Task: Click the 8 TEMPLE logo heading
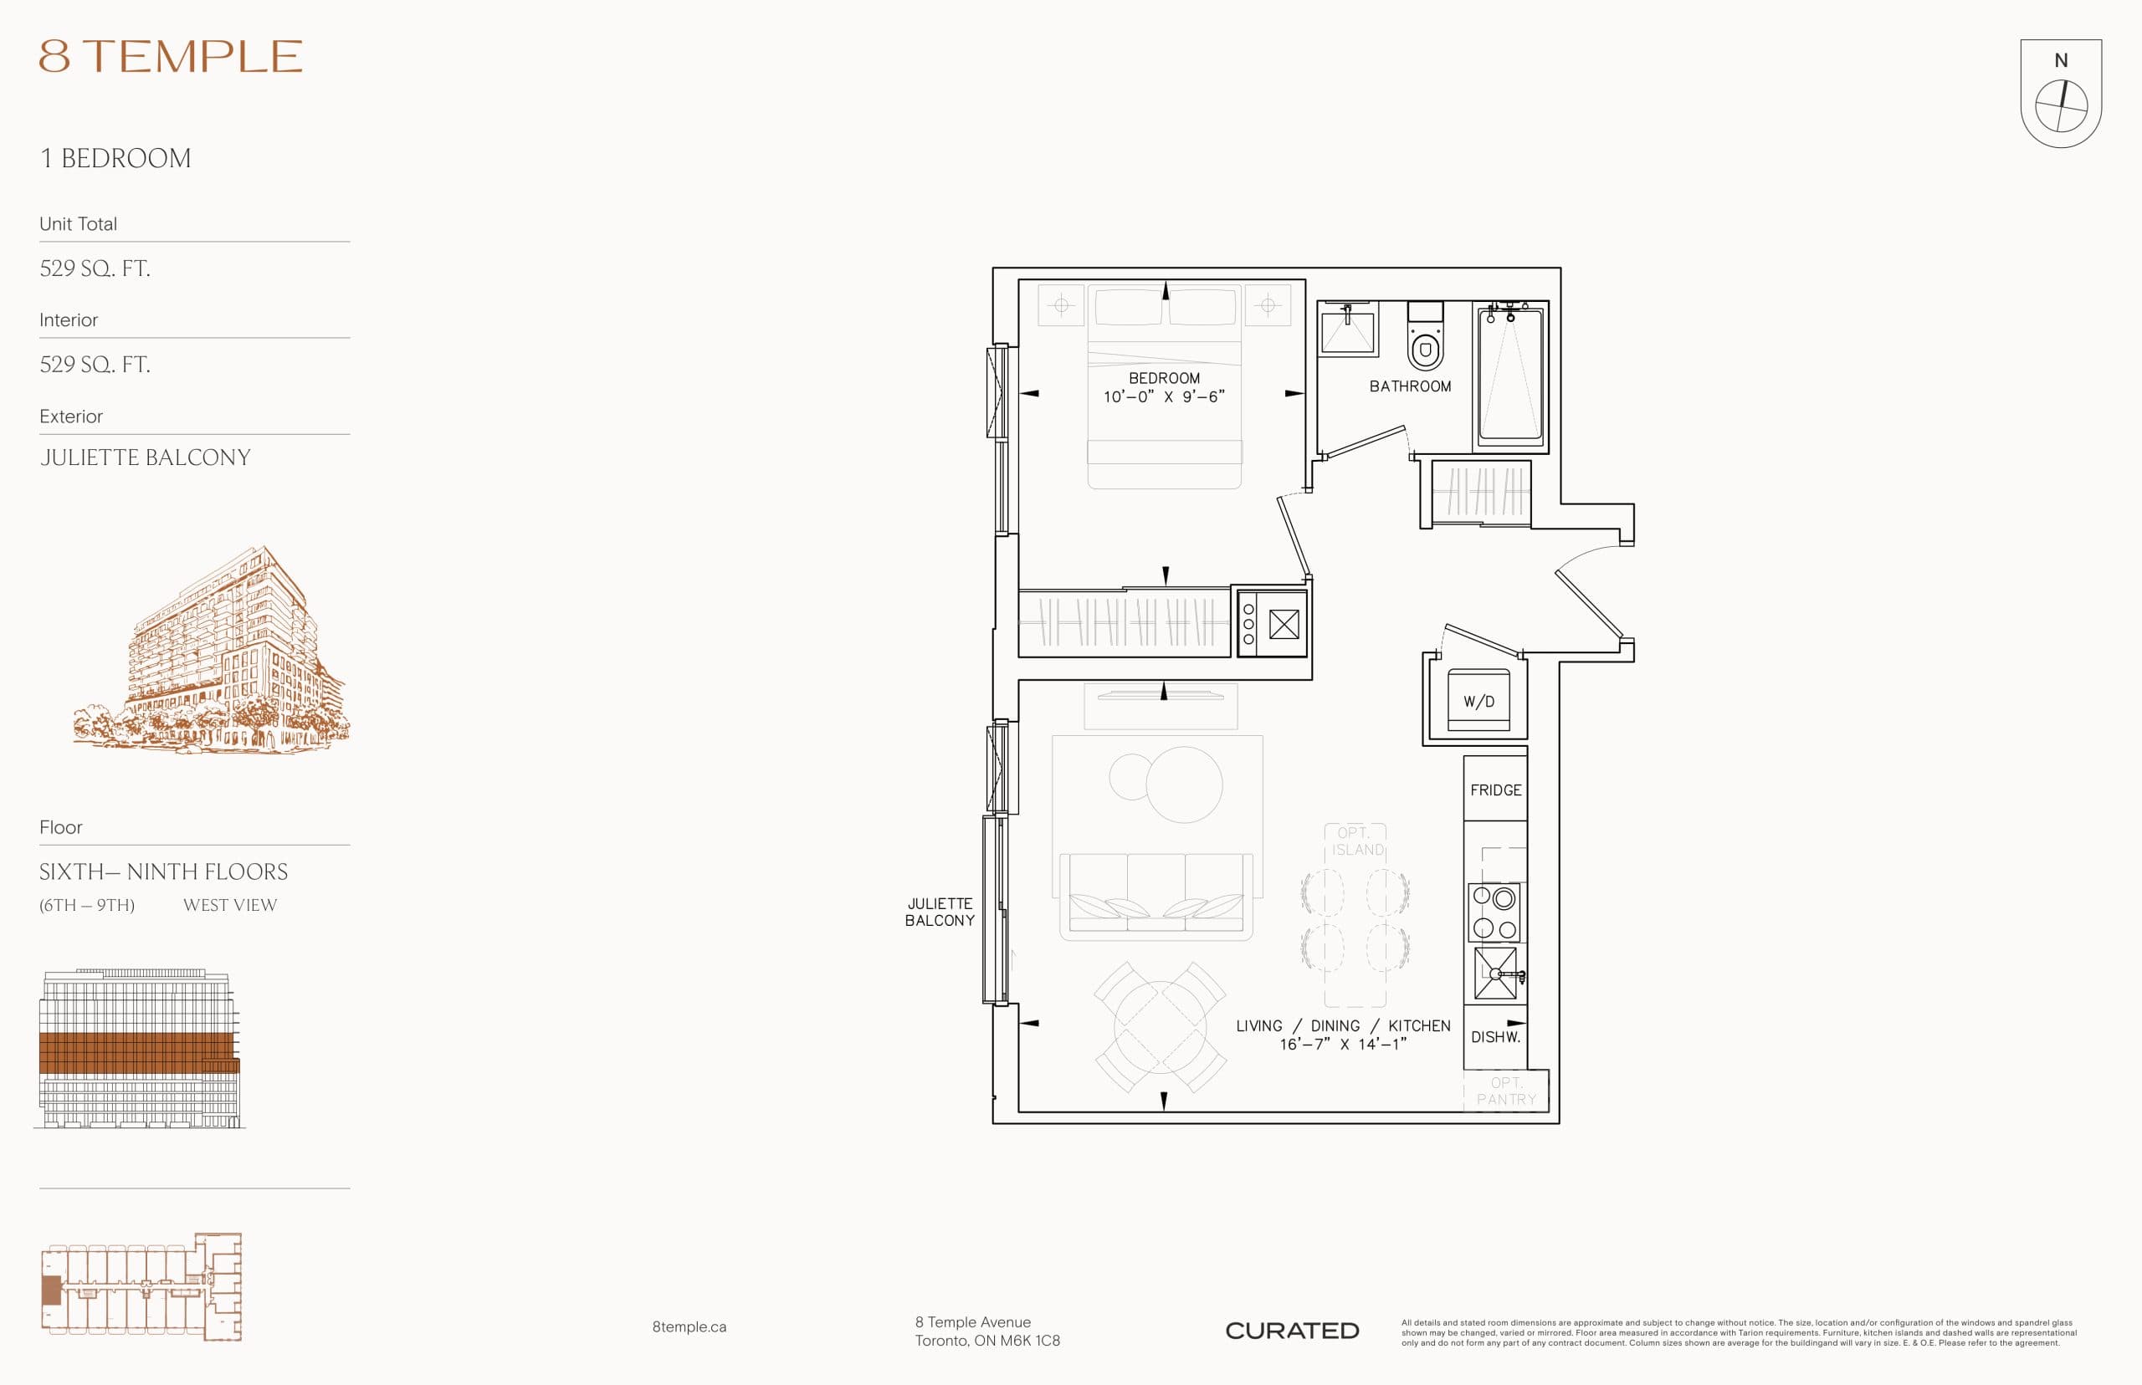click(x=170, y=56)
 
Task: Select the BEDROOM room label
click(x=1163, y=378)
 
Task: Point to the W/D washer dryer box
click(x=1478, y=701)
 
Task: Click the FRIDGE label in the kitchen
click(x=1495, y=790)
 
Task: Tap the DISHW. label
click(x=1495, y=1037)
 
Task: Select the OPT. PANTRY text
click(x=1506, y=1091)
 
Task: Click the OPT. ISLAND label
click(x=1356, y=841)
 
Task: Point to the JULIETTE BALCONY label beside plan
click(x=939, y=912)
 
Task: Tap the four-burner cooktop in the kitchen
click(x=1494, y=912)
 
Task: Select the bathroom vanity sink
click(x=1347, y=330)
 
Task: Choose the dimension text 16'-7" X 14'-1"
click(x=1342, y=1044)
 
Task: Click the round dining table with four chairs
click(x=1160, y=1026)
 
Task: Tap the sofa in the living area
click(x=1156, y=896)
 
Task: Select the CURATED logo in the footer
click(x=1292, y=1330)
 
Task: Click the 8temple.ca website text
click(x=689, y=1326)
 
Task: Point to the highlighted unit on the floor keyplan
click(x=51, y=1290)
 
